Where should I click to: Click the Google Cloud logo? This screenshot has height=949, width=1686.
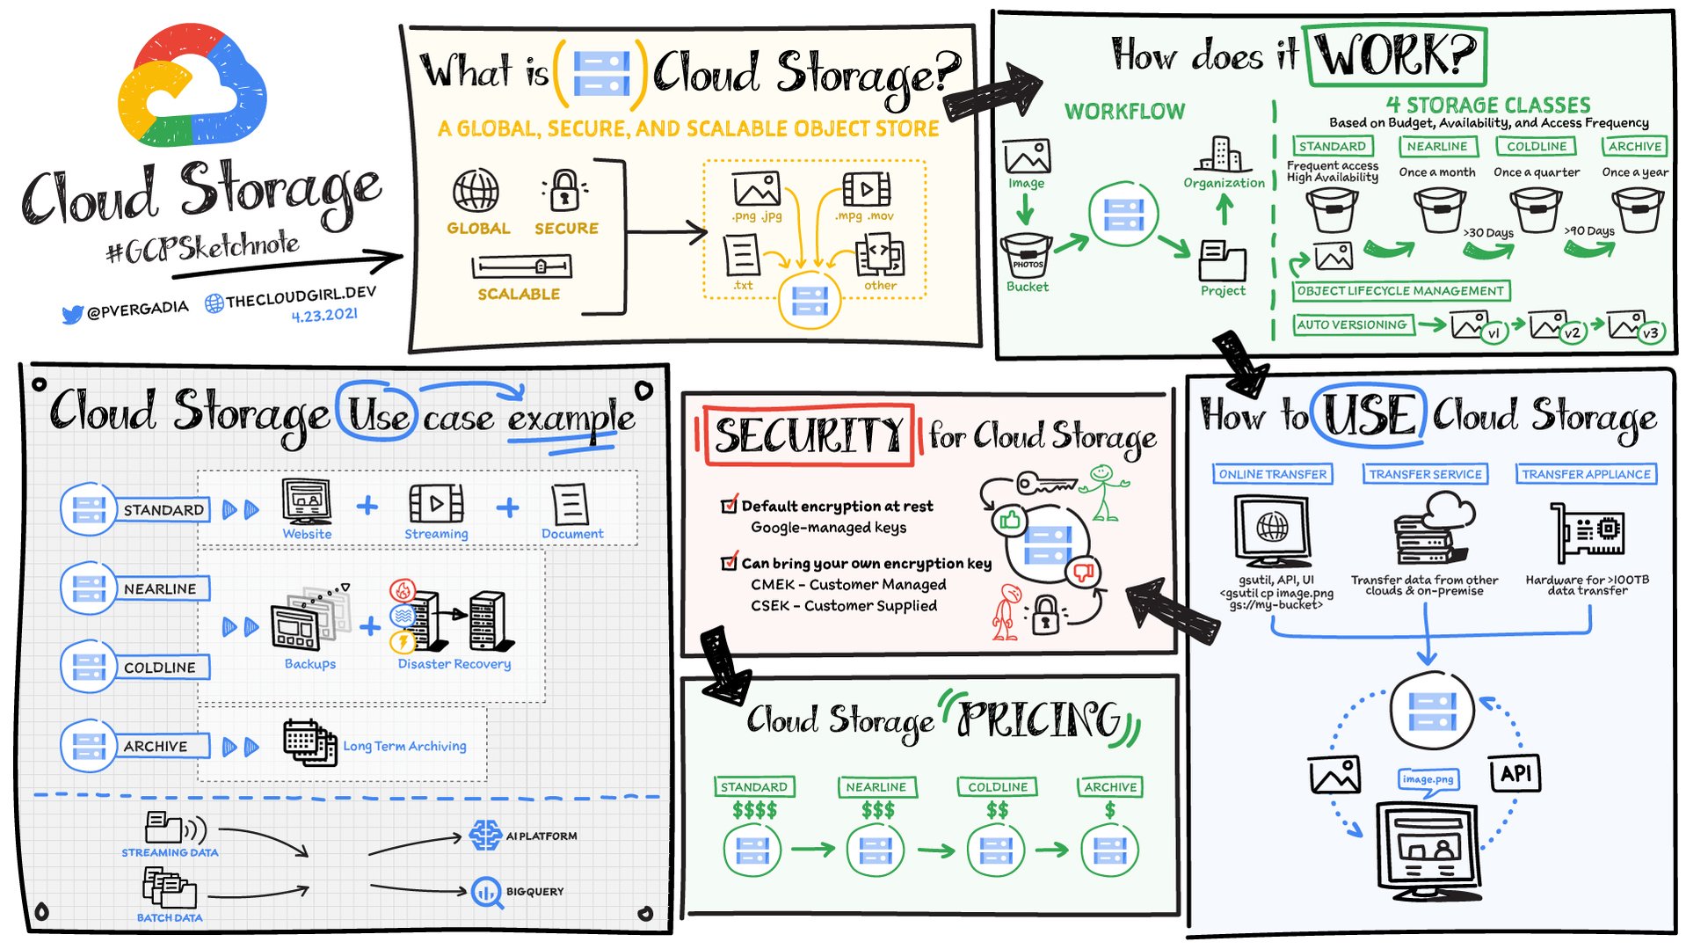192,85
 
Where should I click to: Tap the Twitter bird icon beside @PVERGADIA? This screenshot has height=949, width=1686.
72,314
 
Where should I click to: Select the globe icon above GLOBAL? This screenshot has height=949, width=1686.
476,191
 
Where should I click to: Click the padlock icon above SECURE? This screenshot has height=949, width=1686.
565,190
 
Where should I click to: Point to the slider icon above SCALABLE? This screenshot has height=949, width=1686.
521,266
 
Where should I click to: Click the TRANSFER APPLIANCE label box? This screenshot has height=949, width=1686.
1586,474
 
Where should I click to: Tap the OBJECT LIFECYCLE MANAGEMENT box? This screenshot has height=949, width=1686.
1400,291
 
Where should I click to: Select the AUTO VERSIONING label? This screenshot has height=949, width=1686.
1351,325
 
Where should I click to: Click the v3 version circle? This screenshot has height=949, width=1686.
1650,333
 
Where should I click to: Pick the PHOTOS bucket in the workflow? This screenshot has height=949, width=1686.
1027,256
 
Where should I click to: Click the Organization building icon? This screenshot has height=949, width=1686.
1223,154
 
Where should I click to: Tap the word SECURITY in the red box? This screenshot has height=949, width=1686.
808,435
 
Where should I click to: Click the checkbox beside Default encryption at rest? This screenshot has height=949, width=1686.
729,505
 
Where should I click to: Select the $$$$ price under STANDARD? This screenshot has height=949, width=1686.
754,810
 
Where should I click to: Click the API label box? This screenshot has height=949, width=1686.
1515,774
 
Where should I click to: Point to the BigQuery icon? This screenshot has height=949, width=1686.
485,892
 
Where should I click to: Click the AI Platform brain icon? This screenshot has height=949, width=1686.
485,836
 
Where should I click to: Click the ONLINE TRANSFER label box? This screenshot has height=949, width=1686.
1272,474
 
